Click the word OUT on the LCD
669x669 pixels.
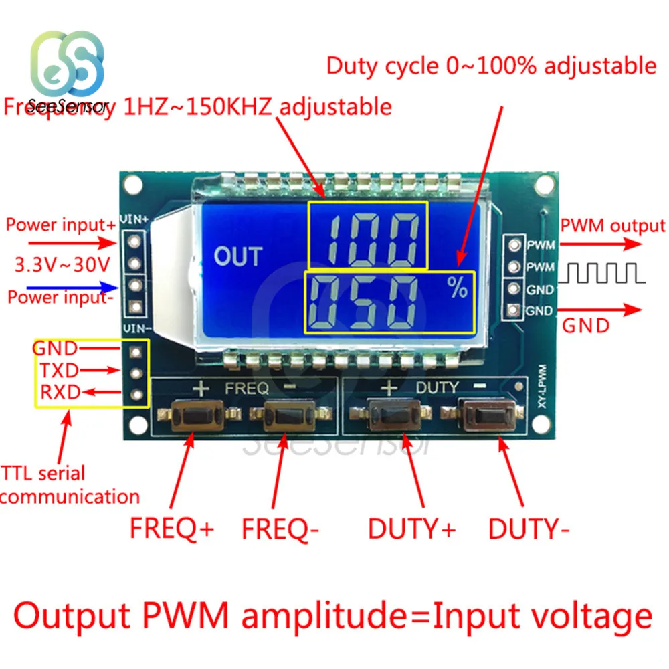tap(237, 256)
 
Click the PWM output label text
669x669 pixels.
tap(613, 226)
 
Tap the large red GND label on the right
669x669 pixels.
tap(585, 326)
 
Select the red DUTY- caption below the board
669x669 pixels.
tap(529, 529)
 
